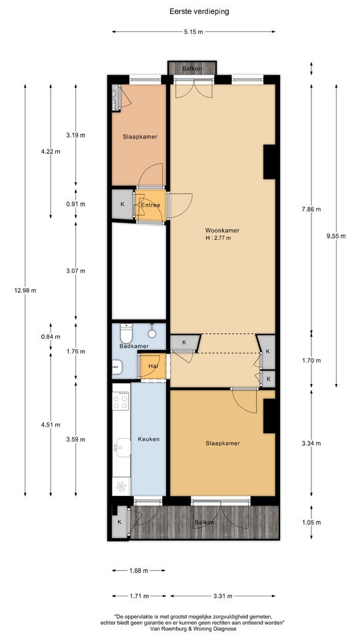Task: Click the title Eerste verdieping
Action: point(199,11)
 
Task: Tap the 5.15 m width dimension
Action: point(194,32)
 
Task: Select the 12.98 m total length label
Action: point(25,291)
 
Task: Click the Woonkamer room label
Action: point(222,230)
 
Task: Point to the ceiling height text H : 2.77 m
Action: point(218,238)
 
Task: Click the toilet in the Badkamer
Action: point(126,333)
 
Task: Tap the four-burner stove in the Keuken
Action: point(121,399)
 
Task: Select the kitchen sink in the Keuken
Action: point(122,447)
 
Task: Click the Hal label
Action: point(153,366)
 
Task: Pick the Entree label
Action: point(151,205)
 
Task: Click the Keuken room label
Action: point(149,439)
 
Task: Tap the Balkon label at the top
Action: point(192,69)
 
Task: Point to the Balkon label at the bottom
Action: point(204,522)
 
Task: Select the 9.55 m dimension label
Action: point(337,236)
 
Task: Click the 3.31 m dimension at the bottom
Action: point(223,596)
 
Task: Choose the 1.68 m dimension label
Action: point(139,571)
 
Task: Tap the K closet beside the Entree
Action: point(123,205)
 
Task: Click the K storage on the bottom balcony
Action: point(119,521)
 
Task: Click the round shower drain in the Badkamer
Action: point(152,333)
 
